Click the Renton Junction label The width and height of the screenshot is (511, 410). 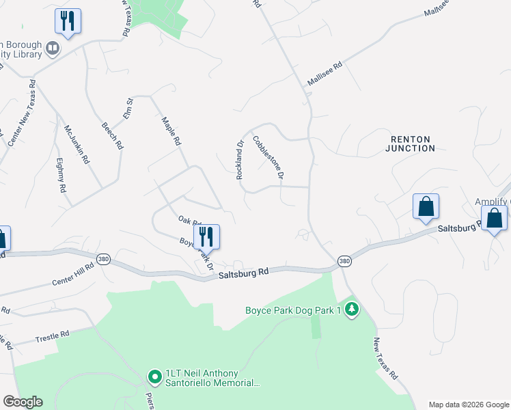[409, 143]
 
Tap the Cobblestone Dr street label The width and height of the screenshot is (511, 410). [268, 158]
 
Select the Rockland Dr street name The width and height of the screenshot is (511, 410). [240, 161]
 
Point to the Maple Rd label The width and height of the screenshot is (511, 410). [171, 132]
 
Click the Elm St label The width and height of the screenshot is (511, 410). [128, 109]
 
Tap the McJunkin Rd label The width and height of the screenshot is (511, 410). [77, 143]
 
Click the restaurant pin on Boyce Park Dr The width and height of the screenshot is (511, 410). [206, 236]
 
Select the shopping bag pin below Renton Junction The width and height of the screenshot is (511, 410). [426, 206]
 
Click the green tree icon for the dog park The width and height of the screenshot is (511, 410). [352, 310]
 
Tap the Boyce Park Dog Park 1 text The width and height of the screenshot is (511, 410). [293, 311]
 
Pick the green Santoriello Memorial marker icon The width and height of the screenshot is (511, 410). [154, 376]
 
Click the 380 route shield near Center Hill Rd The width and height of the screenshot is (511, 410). [104, 260]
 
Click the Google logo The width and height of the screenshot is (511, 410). [23, 402]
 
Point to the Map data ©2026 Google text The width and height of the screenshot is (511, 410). [468, 405]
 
